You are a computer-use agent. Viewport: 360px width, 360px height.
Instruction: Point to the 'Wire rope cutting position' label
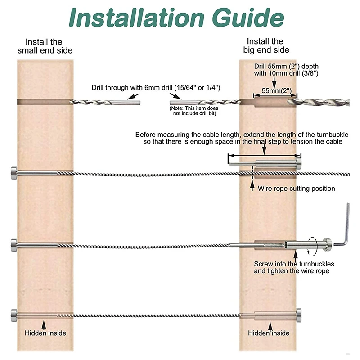point(297,189)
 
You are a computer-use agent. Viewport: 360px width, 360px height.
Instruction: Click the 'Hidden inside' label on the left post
point(45,333)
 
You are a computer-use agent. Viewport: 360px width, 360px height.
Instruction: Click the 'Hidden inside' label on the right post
point(269,333)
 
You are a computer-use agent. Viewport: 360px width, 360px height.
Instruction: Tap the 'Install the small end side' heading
point(45,45)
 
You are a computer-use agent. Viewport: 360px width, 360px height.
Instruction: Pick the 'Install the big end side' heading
point(265,45)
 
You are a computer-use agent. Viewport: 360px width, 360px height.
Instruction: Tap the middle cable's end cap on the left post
point(13,246)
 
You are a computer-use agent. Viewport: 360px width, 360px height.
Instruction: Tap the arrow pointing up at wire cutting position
point(252,184)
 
